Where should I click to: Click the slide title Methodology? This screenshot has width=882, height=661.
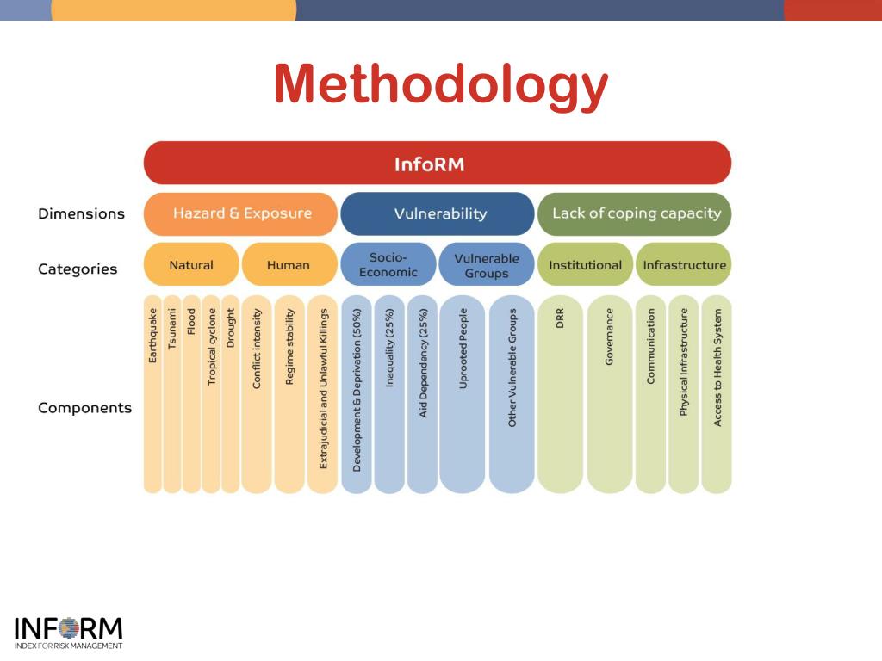pyautogui.click(x=441, y=84)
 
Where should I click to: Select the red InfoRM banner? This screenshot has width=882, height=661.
pyautogui.click(x=437, y=164)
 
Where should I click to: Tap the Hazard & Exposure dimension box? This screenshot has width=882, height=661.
pyautogui.click(x=241, y=213)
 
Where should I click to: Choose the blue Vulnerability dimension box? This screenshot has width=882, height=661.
pyautogui.click(x=438, y=213)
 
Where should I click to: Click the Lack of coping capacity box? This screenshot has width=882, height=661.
pyautogui.click(x=635, y=213)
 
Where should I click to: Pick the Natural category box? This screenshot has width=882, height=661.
pyautogui.click(x=191, y=265)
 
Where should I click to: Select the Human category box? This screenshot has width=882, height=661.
pyautogui.click(x=289, y=265)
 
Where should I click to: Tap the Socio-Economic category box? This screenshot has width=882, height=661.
pyautogui.click(x=388, y=265)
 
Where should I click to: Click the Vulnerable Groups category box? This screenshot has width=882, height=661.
pyautogui.click(x=486, y=265)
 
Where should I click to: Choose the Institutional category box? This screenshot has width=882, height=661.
pyautogui.click(x=585, y=265)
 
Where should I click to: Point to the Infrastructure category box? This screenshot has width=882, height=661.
pyautogui.click(x=684, y=265)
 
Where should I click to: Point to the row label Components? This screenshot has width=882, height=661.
pyautogui.click(x=84, y=408)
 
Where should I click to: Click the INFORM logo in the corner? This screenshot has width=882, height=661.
pyautogui.click(x=68, y=632)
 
